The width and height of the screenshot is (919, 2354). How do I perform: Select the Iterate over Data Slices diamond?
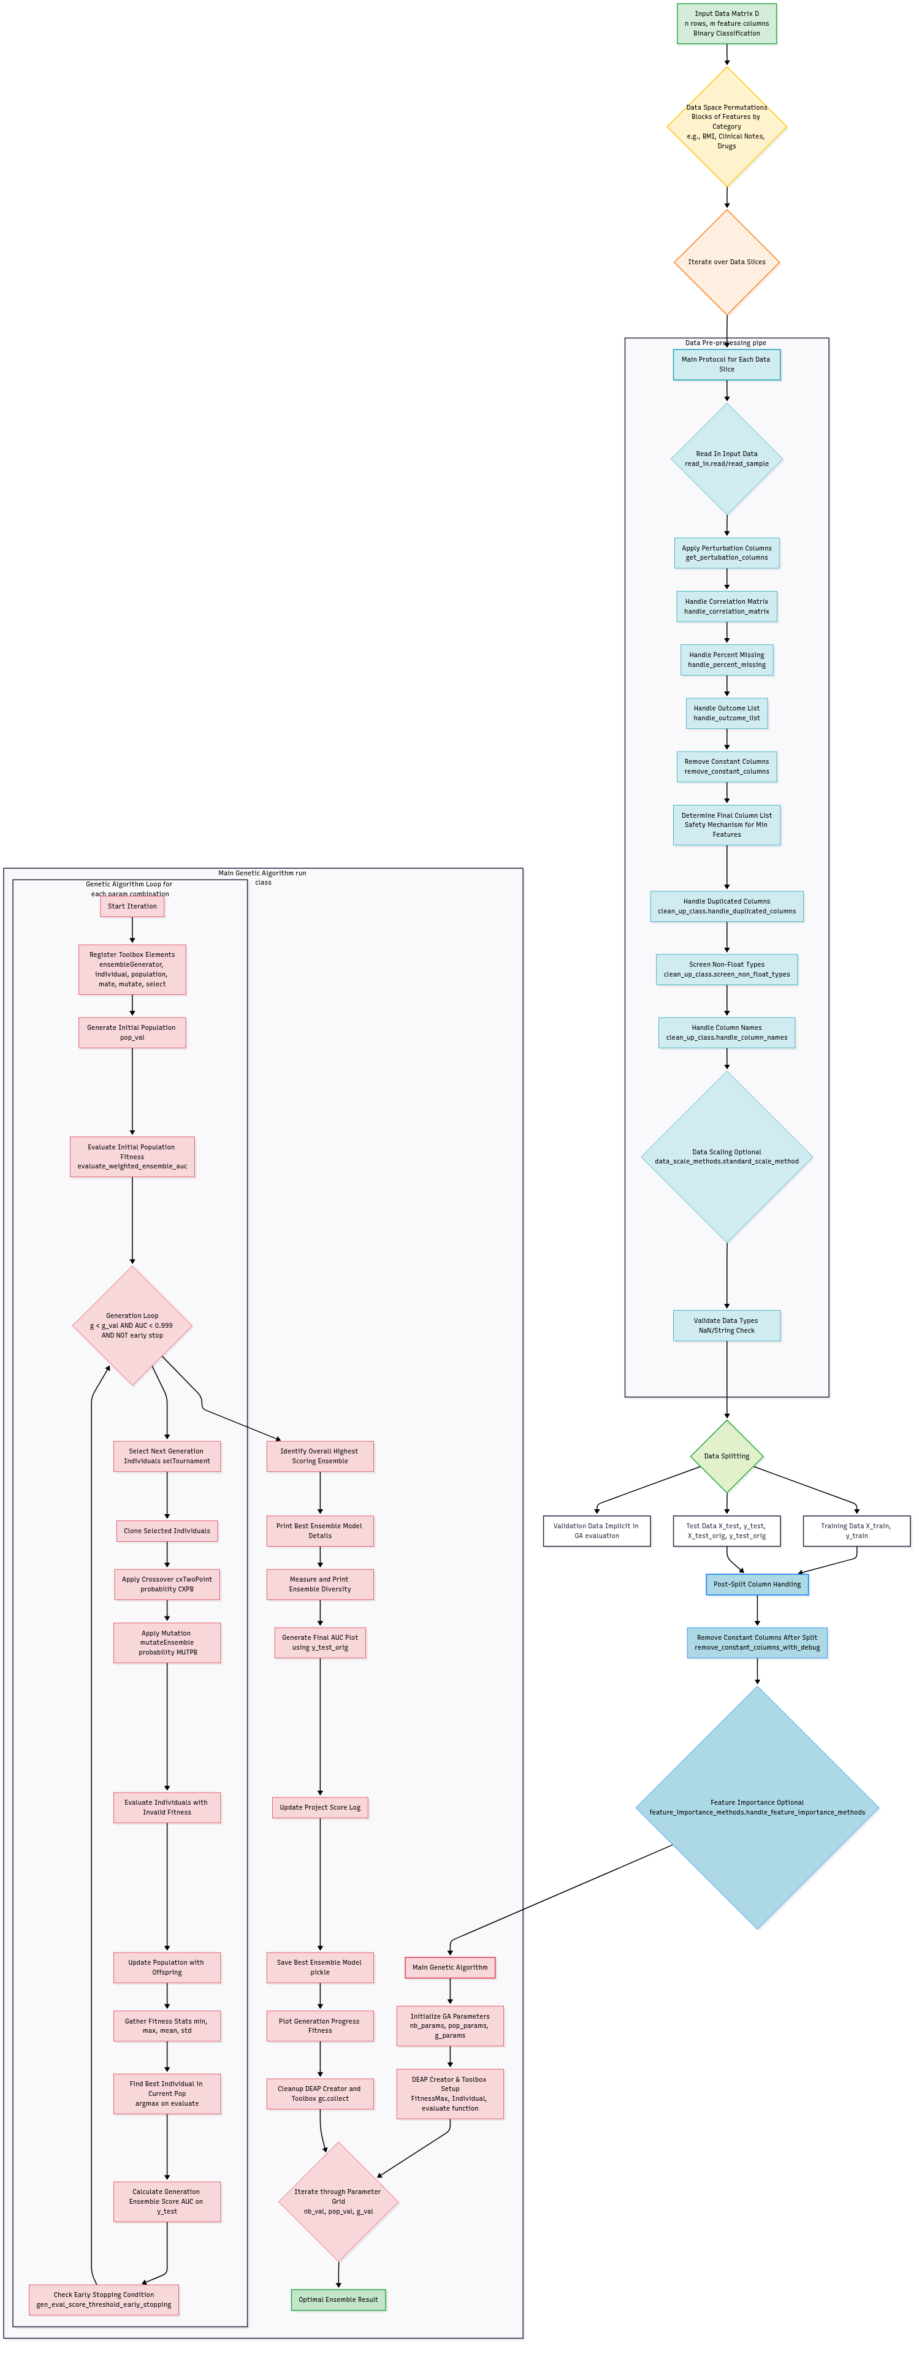pos(726,262)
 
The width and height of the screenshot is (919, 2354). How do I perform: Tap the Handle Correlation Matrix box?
pos(726,607)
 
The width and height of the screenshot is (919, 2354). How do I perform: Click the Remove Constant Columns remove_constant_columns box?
pos(726,767)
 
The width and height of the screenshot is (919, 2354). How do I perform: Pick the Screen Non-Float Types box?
pos(726,970)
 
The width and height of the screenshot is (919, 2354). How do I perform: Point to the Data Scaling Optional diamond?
pos(726,1157)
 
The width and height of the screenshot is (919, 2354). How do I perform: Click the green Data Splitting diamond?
pos(726,1456)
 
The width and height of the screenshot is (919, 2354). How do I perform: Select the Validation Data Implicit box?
pos(597,1531)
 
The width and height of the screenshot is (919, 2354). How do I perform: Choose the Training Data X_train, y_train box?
pos(856,1531)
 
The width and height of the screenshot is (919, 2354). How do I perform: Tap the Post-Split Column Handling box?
pos(757,1585)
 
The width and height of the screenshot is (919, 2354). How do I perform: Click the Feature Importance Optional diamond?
pos(757,1808)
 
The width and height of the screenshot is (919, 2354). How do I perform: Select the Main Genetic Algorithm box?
pos(449,1967)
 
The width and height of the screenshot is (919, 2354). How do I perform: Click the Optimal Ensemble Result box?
pos(338,2300)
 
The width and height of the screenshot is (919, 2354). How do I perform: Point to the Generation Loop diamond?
pos(132,1325)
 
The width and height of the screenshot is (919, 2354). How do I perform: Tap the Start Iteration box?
pos(132,907)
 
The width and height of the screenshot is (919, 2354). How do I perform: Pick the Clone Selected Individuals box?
pos(167,1531)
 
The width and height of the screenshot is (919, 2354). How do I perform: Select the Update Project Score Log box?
pos(320,1808)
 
